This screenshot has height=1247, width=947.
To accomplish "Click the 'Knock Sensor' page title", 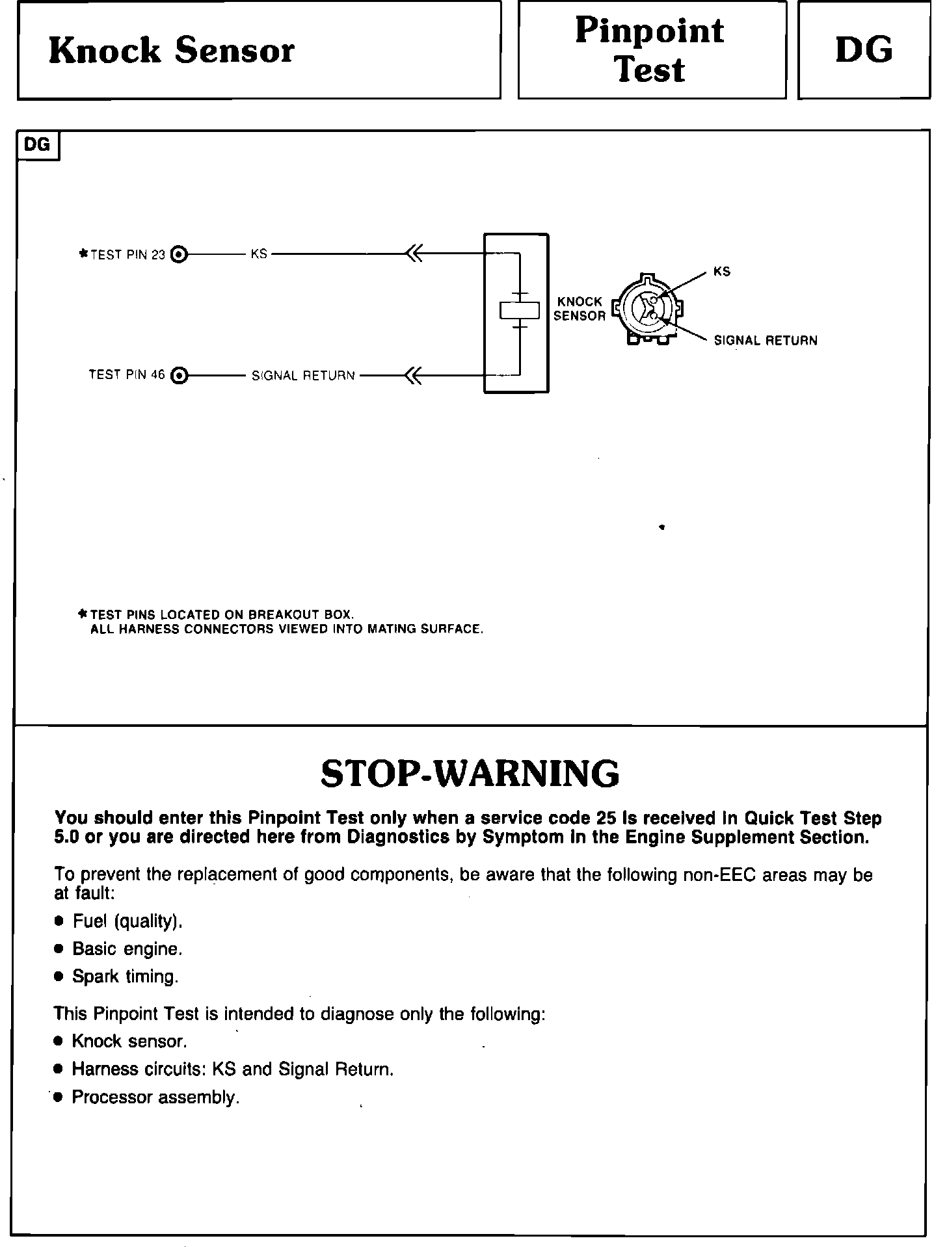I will pyautogui.click(x=171, y=51).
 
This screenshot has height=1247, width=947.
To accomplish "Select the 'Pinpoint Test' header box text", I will pyautogui.click(x=650, y=50).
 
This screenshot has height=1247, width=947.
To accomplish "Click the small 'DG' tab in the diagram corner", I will pyautogui.click(x=37, y=145).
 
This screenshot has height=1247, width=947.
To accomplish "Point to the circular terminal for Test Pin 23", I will pyautogui.click(x=178, y=254).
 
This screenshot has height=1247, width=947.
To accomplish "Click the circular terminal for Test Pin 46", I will pyautogui.click(x=178, y=375).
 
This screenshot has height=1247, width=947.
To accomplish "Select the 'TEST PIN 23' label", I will pyautogui.click(x=127, y=255).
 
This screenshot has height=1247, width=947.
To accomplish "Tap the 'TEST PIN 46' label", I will pyautogui.click(x=127, y=375).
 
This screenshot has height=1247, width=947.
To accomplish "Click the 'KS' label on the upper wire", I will pyautogui.click(x=259, y=254).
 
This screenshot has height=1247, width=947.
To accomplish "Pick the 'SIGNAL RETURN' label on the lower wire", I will pyautogui.click(x=303, y=376).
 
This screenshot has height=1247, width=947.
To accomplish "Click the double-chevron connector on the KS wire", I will pyautogui.click(x=414, y=254).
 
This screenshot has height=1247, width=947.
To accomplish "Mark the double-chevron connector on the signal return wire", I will pyautogui.click(x=413, y=375).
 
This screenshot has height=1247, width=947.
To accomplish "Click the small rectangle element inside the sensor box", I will pyautogui.click(x=520, y=311).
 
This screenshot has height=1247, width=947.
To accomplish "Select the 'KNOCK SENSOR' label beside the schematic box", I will pyautogui.click(x=579, y=309).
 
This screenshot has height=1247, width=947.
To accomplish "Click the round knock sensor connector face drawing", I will pyautogui.click(x=647, y=308).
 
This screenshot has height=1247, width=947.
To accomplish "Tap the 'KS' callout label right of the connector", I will pyautogui.click(x=722, y=272).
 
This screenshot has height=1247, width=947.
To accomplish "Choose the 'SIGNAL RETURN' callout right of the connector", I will pyautogui.click(x=766, y=341).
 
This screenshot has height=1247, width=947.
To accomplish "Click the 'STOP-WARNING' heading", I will pyautogui.click(x=470, y=774).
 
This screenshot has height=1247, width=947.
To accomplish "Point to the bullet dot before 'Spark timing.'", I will pyautogui.click(x=59, y=977).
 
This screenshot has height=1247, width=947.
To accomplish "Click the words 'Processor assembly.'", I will pyautogui.click(x=156, y=1097).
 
